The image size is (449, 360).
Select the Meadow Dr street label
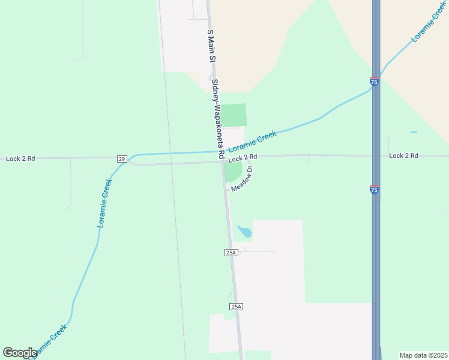(x=242, y=179)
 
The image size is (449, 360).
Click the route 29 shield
(x=122, y=158)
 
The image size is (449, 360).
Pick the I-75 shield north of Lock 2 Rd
(x=374, y=82)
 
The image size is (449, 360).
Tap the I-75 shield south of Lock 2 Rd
(x=374, y=190)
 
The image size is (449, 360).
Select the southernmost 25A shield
(x=236, y=307)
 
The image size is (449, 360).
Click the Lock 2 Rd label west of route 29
(x=20, y=158)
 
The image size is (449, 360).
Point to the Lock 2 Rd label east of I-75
(x=403, y=155)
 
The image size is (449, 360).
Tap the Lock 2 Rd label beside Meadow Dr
(x=243, y=157)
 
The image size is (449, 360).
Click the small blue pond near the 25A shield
(x=244, y=231)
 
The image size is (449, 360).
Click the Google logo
(x=20, y=353)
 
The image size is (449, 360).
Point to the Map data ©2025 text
(x=423, y=355)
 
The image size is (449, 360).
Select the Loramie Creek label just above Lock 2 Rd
(x=252, y=143)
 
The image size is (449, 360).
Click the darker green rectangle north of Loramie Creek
(x=234, y=115)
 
